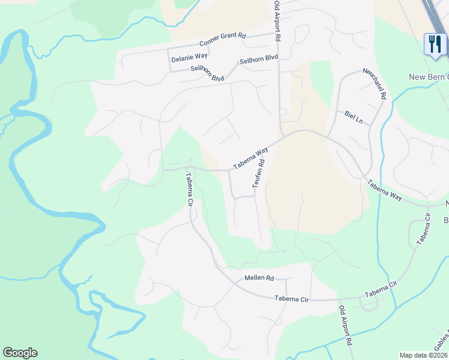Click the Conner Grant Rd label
pyautogui.click(x=223, y=40)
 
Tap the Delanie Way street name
pyautogui.click(x=189, y=58)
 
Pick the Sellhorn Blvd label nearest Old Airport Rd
pyautogui.click(x=259, y=59)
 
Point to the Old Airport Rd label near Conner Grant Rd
pyautogui.click(x=277, y=21)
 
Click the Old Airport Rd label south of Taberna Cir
pyautogui.click(x=345, y=326)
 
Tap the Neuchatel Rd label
pyautogui.click(x=375, y=83)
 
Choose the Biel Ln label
pyautogui.click(x=354, y=117)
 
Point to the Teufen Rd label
pyautogui.click(x=259, y=173)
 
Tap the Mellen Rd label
pyautogui.click(x=259, y=278)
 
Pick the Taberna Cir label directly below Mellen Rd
pyautogui.click(x=291, y=298)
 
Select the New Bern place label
pyautogui.click(x=428, y=77)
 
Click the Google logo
pyautogui.click(x=20, y=353)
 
